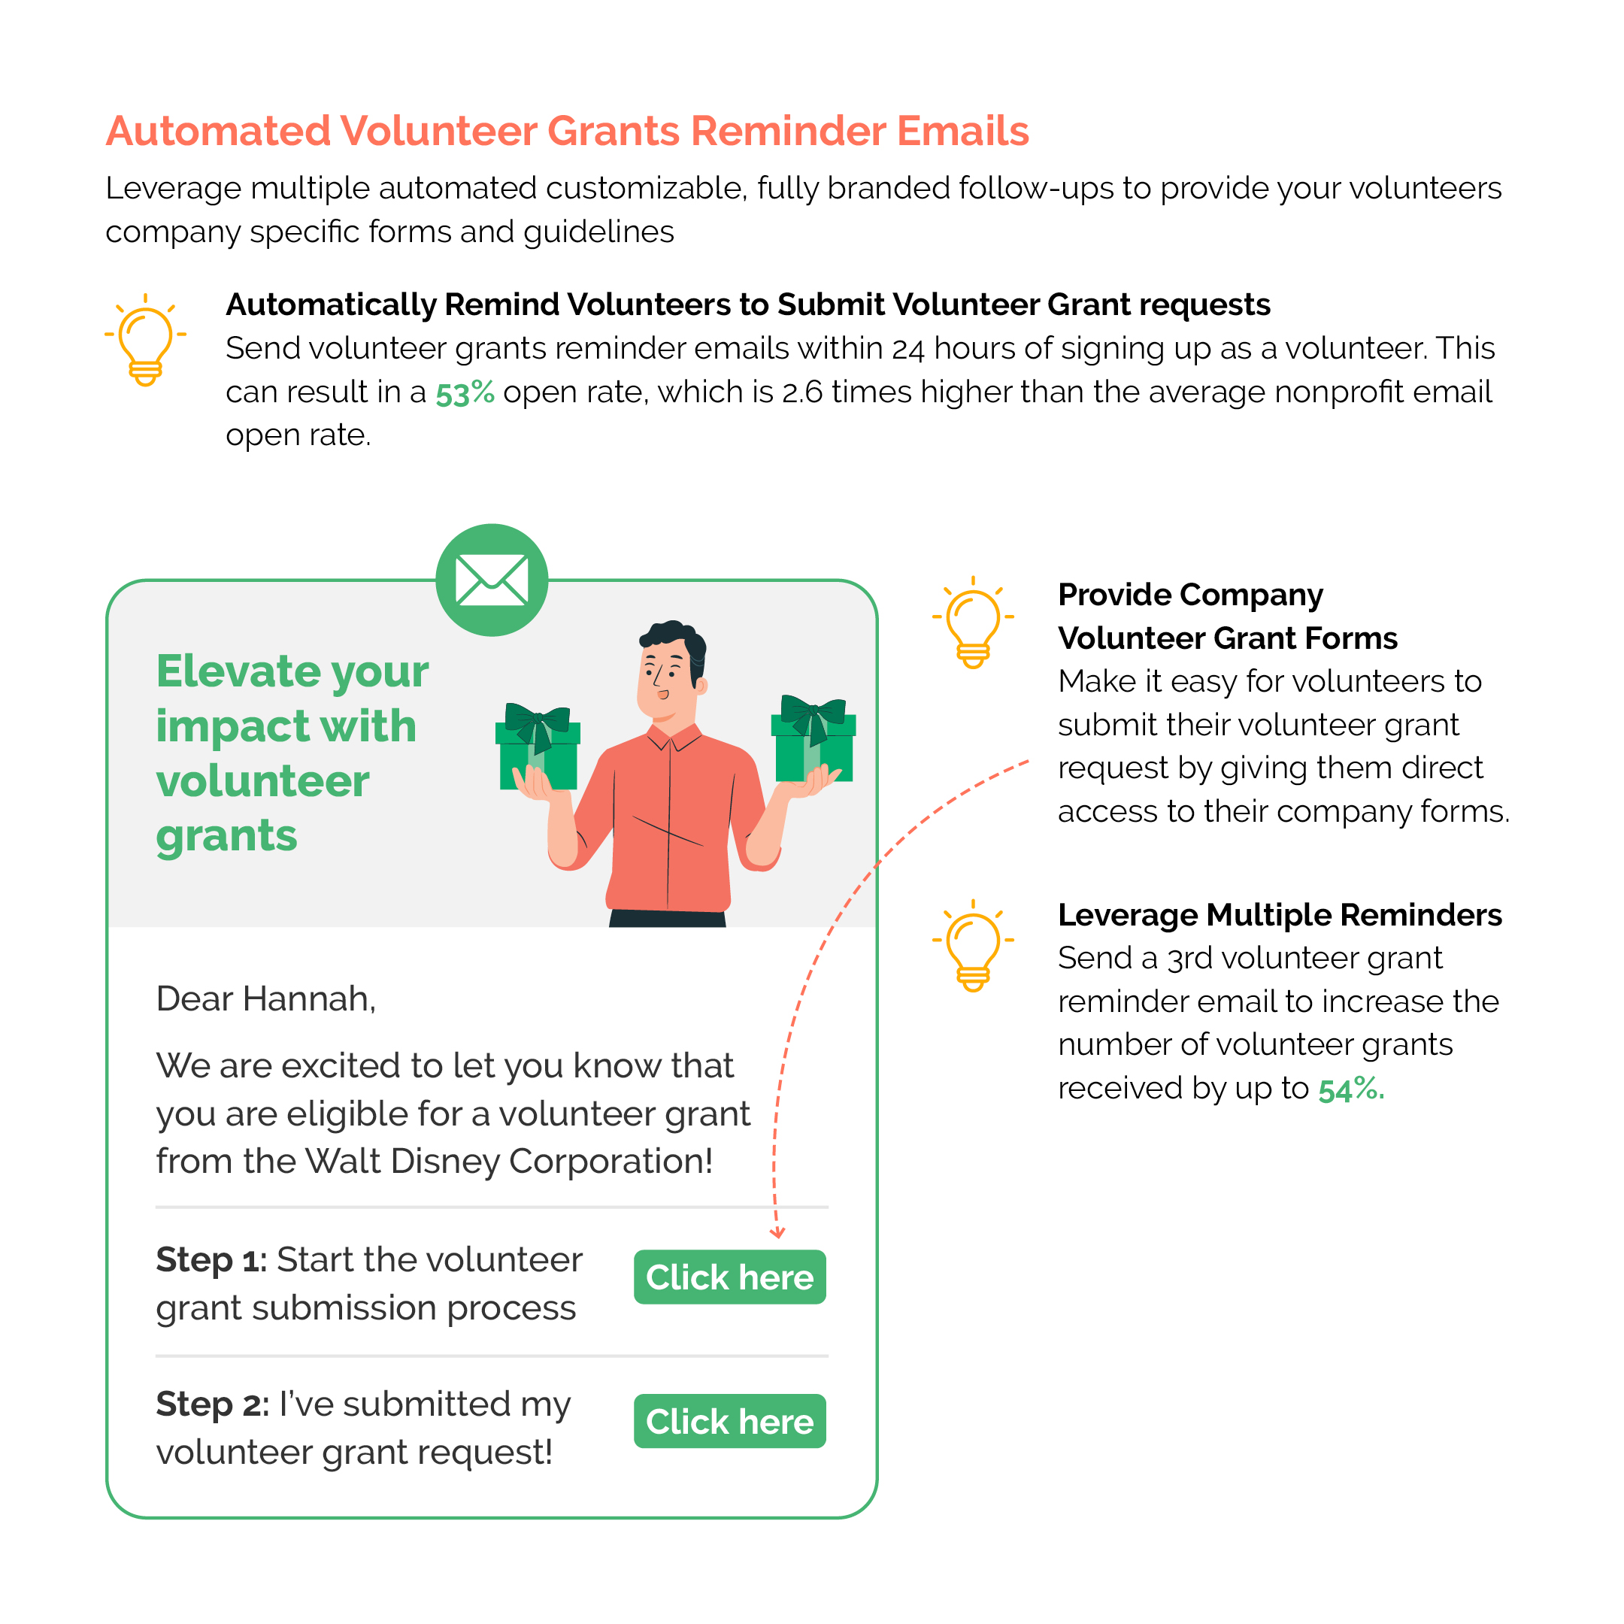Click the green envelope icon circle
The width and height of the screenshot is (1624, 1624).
point(492,580)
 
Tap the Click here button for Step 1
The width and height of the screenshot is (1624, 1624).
point(729,1277)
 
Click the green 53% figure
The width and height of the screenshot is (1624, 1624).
point(465,392)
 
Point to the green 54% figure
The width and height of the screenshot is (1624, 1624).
point(1350,1089)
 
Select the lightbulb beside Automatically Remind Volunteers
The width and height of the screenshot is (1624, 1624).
point(145,341)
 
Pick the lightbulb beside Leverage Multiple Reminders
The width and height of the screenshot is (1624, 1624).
point(974,946)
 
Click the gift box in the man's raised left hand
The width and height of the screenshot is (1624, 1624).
point(814,740)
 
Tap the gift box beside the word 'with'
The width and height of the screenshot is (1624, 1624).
point(538,748)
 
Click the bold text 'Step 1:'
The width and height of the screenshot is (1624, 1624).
point(211,1260)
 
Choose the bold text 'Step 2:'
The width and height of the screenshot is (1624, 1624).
point(212,1404)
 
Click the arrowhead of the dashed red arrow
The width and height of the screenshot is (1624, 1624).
point(777,1233)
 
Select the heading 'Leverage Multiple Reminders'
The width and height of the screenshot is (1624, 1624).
point(1280,914)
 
